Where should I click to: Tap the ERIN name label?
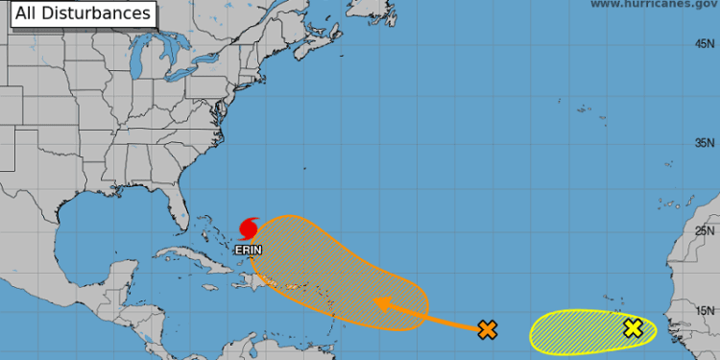247,249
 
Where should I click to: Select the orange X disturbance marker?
488,330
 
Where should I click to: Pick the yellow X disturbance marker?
633,328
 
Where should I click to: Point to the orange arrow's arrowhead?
379,303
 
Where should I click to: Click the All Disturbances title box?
83,13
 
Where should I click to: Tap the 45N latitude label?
708,44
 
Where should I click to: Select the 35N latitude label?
708,143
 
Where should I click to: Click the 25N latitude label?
708,230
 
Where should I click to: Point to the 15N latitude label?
708,309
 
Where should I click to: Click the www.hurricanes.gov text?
654,5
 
